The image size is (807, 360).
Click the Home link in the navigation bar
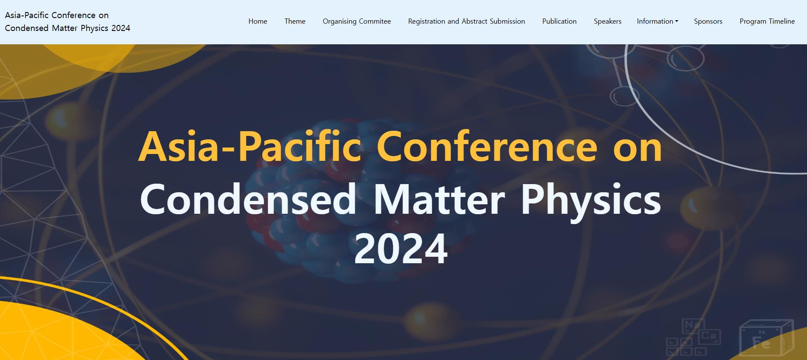[258, 21]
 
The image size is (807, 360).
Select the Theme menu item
[295, 21]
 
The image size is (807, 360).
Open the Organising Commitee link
[357, 22]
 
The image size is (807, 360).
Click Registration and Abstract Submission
[466, 22]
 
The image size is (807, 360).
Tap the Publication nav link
[559, 21]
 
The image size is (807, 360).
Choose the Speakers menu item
[608, 22]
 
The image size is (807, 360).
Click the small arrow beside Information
[677, 22]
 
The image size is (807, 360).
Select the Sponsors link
[708, 22]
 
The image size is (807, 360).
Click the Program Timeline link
[767, 22]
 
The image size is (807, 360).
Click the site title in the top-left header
[68, 22]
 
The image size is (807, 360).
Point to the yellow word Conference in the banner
[487, 147]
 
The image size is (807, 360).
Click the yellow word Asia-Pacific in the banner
[249, 147]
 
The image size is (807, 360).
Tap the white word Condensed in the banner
[248, 199]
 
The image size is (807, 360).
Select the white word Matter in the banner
[439, 199]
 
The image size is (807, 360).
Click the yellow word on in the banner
[638, 150]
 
